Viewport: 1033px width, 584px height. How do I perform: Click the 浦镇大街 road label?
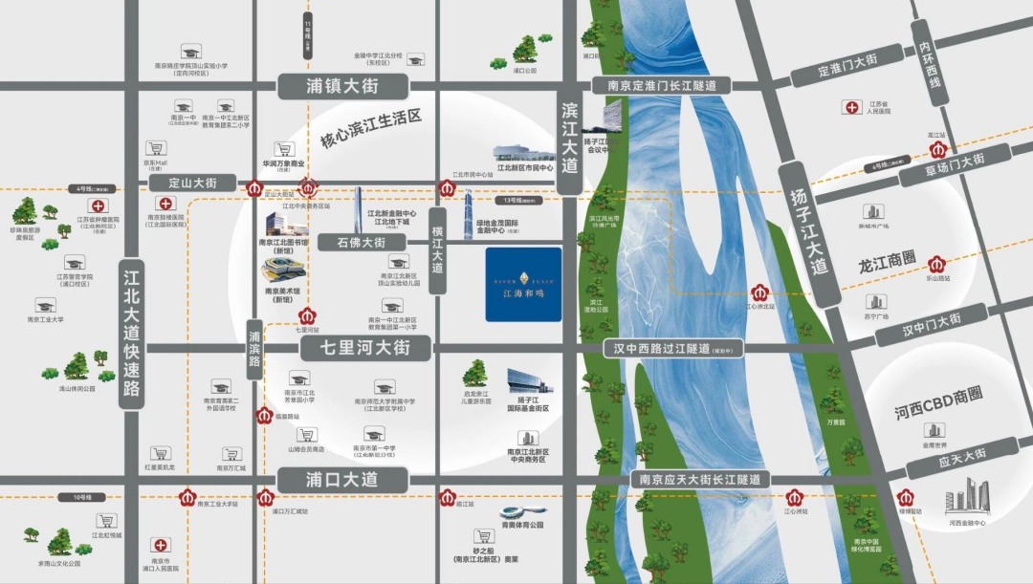342,87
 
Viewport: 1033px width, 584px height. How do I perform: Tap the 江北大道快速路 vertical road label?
131,334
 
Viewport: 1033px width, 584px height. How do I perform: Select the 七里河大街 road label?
367,348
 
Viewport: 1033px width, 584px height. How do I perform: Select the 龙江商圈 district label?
888,259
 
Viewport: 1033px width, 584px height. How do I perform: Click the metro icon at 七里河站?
308,315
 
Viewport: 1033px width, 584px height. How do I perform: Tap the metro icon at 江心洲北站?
760,292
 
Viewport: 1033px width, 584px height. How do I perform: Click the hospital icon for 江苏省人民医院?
849,107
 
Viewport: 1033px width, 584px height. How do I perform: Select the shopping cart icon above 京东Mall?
154,149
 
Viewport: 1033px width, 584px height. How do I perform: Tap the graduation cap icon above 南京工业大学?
44,305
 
